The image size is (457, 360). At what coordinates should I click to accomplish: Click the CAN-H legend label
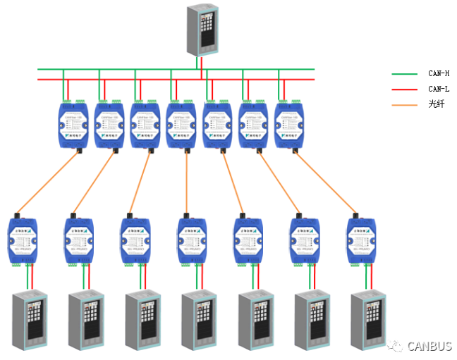click(438, 73)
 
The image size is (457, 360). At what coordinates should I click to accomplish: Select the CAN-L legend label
click(438, 89)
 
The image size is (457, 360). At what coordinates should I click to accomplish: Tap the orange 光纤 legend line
click(405, 104)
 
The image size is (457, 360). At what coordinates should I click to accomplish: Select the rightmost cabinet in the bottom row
click(368, 321)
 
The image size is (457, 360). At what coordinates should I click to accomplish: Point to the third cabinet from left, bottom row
click(142, 321)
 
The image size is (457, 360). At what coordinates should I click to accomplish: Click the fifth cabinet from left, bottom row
click(255, 321)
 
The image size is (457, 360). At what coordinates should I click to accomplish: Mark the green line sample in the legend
click(405, 73)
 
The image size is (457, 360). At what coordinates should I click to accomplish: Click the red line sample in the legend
click(405, 89)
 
